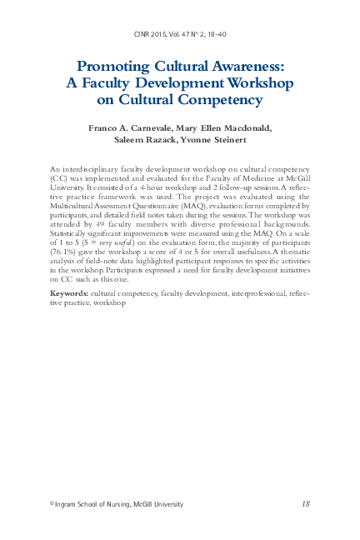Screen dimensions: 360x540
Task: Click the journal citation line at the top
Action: tap(180, 37)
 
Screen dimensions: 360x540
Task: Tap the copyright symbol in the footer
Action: tap(52, 504)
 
